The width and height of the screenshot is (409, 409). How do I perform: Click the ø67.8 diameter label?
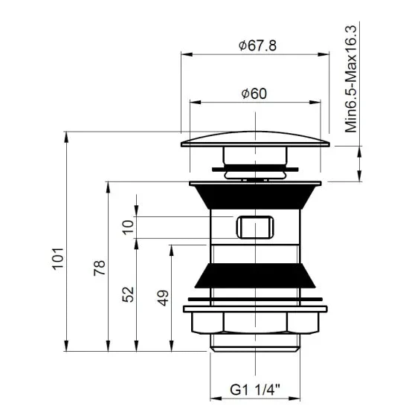[x=257, y=45]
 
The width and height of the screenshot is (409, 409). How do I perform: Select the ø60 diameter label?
[x=254, y=94]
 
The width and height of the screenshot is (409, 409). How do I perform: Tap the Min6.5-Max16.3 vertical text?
[x=350, y=79]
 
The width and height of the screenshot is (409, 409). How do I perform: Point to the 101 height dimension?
[x=58, y=259]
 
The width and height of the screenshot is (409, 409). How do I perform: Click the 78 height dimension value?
[x=100, y=268]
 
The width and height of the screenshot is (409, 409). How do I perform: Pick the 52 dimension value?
[x=128, y=294]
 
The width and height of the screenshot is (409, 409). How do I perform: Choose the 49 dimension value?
[x=163, y=297]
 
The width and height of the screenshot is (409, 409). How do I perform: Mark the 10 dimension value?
[x=128, y=228]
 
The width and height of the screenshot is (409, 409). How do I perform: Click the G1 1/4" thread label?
[x=254, y=390]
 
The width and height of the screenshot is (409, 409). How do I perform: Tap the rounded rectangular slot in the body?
[x=255, y=227]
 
